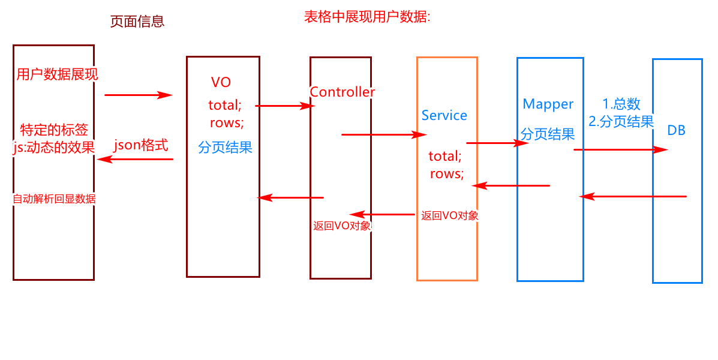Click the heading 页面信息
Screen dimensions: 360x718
[x=137, y=22]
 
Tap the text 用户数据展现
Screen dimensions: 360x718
[x=57, y=75]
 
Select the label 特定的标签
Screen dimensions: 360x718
[x=54, y=130]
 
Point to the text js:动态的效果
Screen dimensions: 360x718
[x=53, y=147]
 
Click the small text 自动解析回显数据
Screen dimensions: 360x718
[x=54, y=199]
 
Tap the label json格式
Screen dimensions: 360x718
[x=141, y=145]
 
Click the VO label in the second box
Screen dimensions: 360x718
[x=221, y=83]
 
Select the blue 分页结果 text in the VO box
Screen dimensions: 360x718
[x=225, y=148]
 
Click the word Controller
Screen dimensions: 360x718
[x=342, y=92]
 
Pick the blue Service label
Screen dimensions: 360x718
[x=444, y=116]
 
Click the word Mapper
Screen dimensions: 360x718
[x=548, y=104]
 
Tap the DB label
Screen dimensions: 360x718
[x=676, y=130]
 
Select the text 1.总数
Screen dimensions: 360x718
[x=621, y=104]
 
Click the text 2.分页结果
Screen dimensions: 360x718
[x=621, y=122]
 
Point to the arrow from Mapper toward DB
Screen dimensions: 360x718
[x=621, y=149]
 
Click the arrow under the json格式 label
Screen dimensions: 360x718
[x=136, y=159]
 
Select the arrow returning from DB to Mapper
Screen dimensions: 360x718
[x=633, y=196]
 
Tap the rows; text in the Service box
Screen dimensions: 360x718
[x=446, y=174]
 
